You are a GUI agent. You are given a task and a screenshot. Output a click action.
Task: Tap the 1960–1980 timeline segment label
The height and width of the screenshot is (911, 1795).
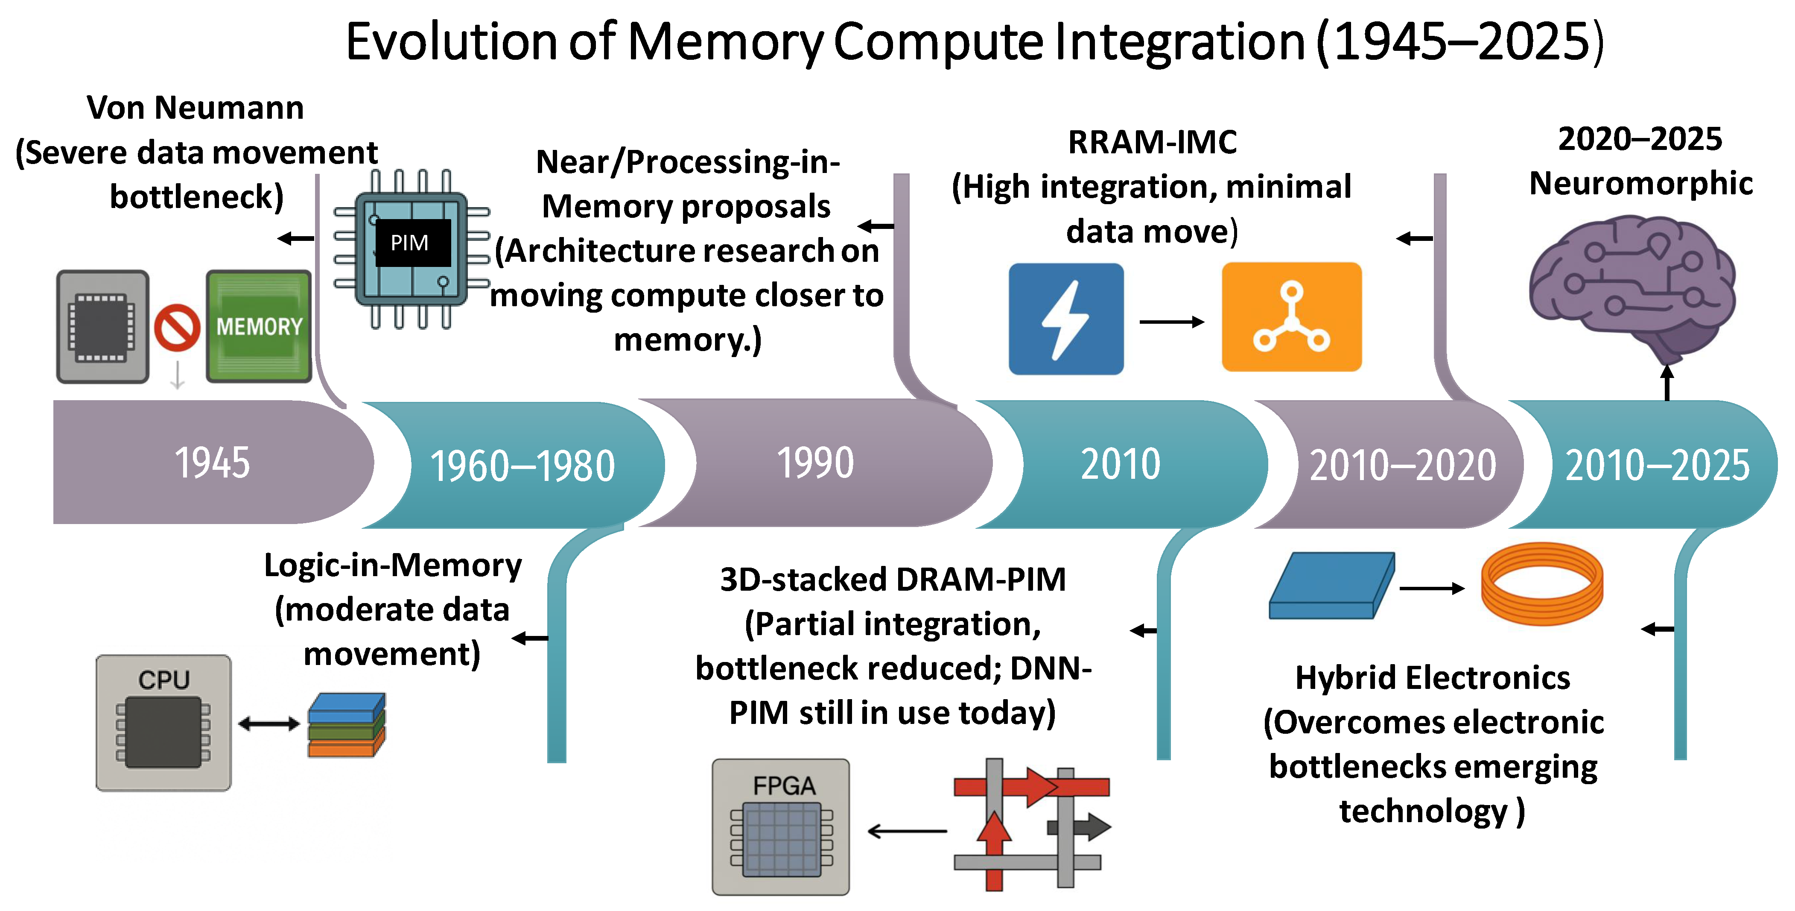point(522,466)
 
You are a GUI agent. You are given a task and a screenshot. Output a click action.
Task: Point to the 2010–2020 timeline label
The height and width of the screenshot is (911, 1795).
point(1403,465)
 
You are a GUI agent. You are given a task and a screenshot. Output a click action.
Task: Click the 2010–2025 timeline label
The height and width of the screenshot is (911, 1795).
point(1658,465)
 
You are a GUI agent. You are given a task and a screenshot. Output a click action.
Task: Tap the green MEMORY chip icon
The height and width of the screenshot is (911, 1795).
point(259,326)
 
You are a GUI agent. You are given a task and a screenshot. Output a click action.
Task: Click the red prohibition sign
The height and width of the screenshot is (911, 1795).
point(177,327)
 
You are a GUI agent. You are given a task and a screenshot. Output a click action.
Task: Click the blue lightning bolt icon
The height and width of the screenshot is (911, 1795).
point(1066,319)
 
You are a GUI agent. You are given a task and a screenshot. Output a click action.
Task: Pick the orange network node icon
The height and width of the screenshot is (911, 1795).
point(1292,317)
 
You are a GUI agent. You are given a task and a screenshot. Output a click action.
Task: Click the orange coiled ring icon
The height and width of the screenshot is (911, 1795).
point(1542,584)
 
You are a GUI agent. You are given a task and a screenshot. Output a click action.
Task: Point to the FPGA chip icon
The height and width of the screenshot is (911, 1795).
point(780,827)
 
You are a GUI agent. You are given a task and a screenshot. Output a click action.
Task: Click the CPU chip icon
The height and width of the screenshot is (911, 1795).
point(164,723)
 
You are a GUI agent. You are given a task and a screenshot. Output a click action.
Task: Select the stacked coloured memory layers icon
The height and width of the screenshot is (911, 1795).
point(346,725)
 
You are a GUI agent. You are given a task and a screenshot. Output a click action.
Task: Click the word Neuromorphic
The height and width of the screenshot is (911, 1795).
point(1641,183)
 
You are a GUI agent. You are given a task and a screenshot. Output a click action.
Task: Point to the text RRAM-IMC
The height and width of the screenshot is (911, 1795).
point(1153,142)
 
